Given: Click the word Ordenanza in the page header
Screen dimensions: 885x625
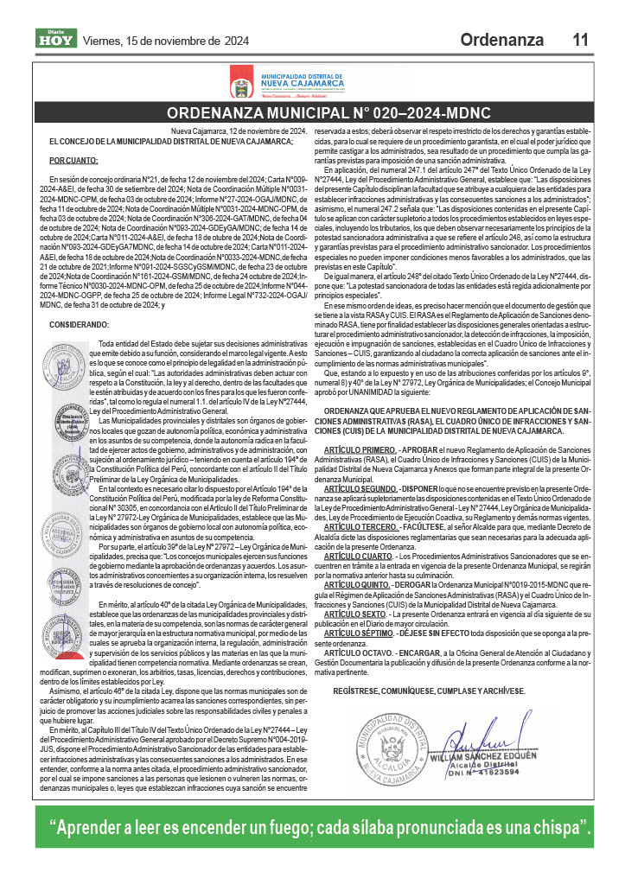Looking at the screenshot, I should [x=501, y=40].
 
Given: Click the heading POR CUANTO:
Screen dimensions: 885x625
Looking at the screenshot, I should [x=73, y=161].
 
